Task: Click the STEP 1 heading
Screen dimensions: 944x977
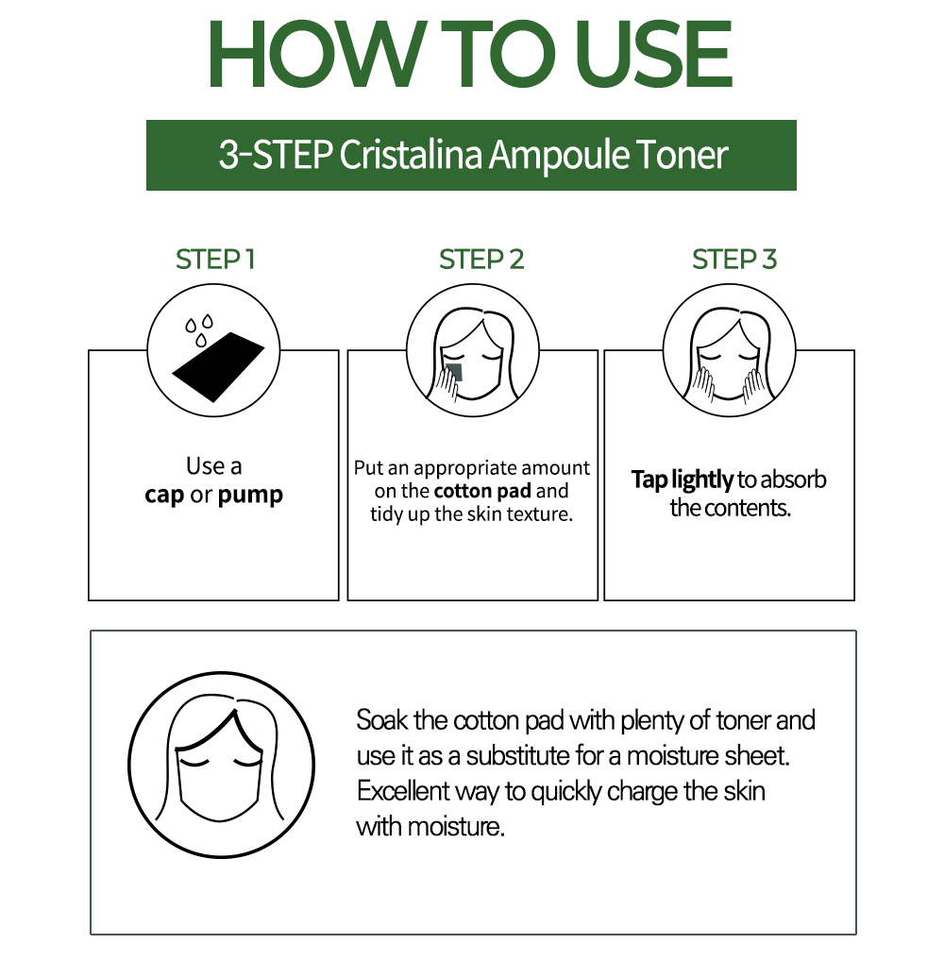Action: (215, 260)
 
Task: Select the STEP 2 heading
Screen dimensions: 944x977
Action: (481, 260)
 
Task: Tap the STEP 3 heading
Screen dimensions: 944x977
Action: (734, 260)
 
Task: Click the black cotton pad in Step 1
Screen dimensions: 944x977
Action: (218, 366)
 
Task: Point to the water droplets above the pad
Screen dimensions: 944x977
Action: (199, 330)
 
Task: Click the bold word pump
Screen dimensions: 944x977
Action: (250, 496)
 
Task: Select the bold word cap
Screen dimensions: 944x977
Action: (164, 496)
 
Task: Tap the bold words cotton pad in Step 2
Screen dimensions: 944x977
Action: (482, 491)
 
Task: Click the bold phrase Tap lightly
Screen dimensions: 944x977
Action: (683, 480)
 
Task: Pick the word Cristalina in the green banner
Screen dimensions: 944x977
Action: (411, 155)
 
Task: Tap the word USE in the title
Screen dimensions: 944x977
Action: (653, 54)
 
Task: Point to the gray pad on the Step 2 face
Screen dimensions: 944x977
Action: (453, 372)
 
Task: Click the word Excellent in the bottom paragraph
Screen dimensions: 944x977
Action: (403, 791)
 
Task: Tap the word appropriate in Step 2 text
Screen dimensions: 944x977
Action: (456, 468)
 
